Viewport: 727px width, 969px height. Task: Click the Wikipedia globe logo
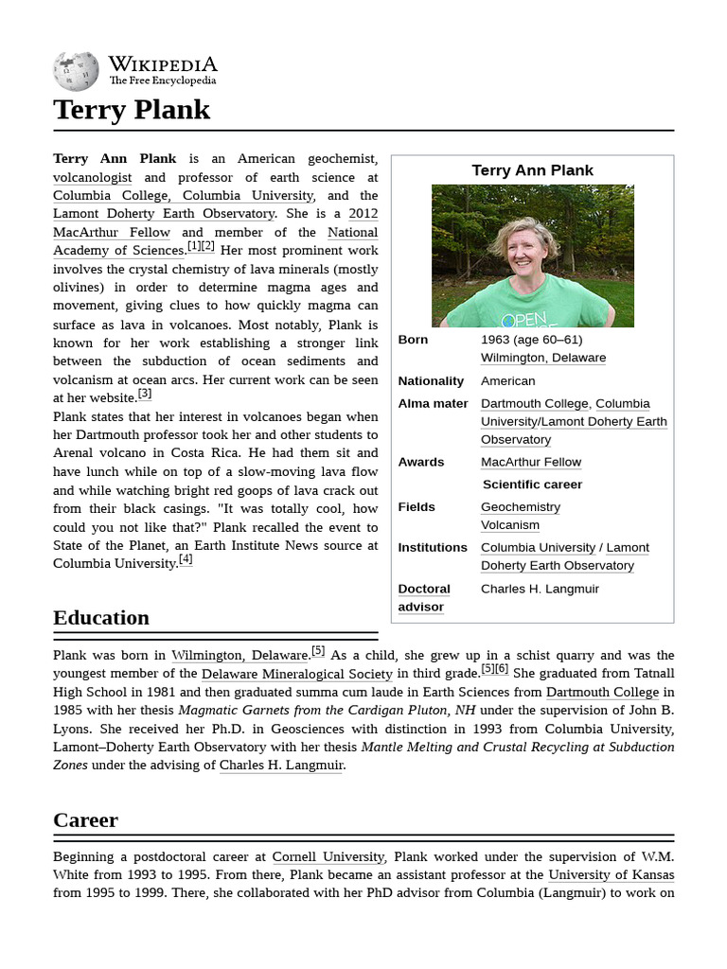pyautogui.click(x=76, y=71)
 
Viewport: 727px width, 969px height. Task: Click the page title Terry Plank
pyautogui.click(x=132, y=110)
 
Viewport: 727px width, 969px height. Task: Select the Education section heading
pyautogui.click(x=101, y=618)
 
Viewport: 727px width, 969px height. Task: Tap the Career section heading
pyautogui.click(x=85, y=820)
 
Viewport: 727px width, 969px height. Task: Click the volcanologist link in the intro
pyautogui.click(x=93, y=177)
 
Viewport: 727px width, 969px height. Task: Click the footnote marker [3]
pyautogui.click(x=145, y=394)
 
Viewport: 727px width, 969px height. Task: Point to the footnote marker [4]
pyautogui.click(x=186, y=559)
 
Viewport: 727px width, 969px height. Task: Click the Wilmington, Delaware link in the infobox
pyautogui.click(x=542, y=358)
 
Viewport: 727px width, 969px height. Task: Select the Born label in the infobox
pyautogui.click(x=413, y=340)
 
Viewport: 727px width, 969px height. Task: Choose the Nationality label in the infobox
pyautogui.click(x=431, y=380)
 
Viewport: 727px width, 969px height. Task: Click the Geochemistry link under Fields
pyautogui.click(x=520, y=506)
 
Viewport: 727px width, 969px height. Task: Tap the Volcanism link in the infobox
pyautogui.click(x=509, y=524)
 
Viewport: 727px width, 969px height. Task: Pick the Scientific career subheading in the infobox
pyautogui.click(x=532, y=484)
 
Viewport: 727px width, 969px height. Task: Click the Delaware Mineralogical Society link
pyautogui.click(x=296, y=674)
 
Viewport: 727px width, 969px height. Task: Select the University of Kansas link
pyautogui.click(x=611, y=874)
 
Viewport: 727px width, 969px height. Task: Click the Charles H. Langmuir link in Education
pyautogui.click(x=281, y=765)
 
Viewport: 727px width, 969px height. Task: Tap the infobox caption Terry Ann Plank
pyautogui.click(x=532, y=170)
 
